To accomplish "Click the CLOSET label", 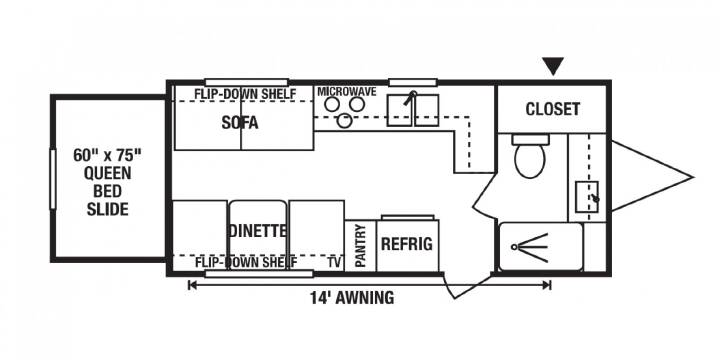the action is pos(552,109).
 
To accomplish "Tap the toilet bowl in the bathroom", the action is pos(530,159).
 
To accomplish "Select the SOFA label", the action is pos(240,123).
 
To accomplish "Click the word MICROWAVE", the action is pos(347,92).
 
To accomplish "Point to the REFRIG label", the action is pos(407,244).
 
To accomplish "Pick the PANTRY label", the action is pos(360,245).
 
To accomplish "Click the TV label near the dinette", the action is pos(334,262).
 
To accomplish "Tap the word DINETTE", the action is pos(258,231).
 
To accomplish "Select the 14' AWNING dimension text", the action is pos(352,298).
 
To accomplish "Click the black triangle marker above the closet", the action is pos(553,66).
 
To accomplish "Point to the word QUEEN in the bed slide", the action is pos(108,174).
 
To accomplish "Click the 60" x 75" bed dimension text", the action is pos(107,155).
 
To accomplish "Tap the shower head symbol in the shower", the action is pos(530,248).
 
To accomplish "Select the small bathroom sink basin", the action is pos(587,197).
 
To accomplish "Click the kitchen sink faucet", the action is pos(410,98).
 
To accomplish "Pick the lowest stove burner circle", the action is pos(344,121).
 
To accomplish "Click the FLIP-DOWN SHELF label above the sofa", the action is pos(245,94).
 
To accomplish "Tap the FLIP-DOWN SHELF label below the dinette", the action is pos(246,263).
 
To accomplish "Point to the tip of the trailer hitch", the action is pos(692,177).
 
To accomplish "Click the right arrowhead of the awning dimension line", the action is pos(547,285).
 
